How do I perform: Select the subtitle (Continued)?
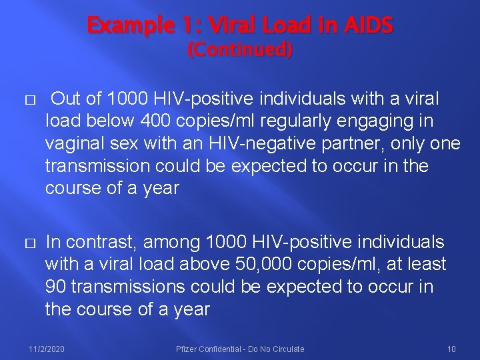point(240,50)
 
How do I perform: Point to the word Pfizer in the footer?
point(187,349)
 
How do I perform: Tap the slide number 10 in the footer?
point(451,349)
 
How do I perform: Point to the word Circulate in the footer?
point(288,349)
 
